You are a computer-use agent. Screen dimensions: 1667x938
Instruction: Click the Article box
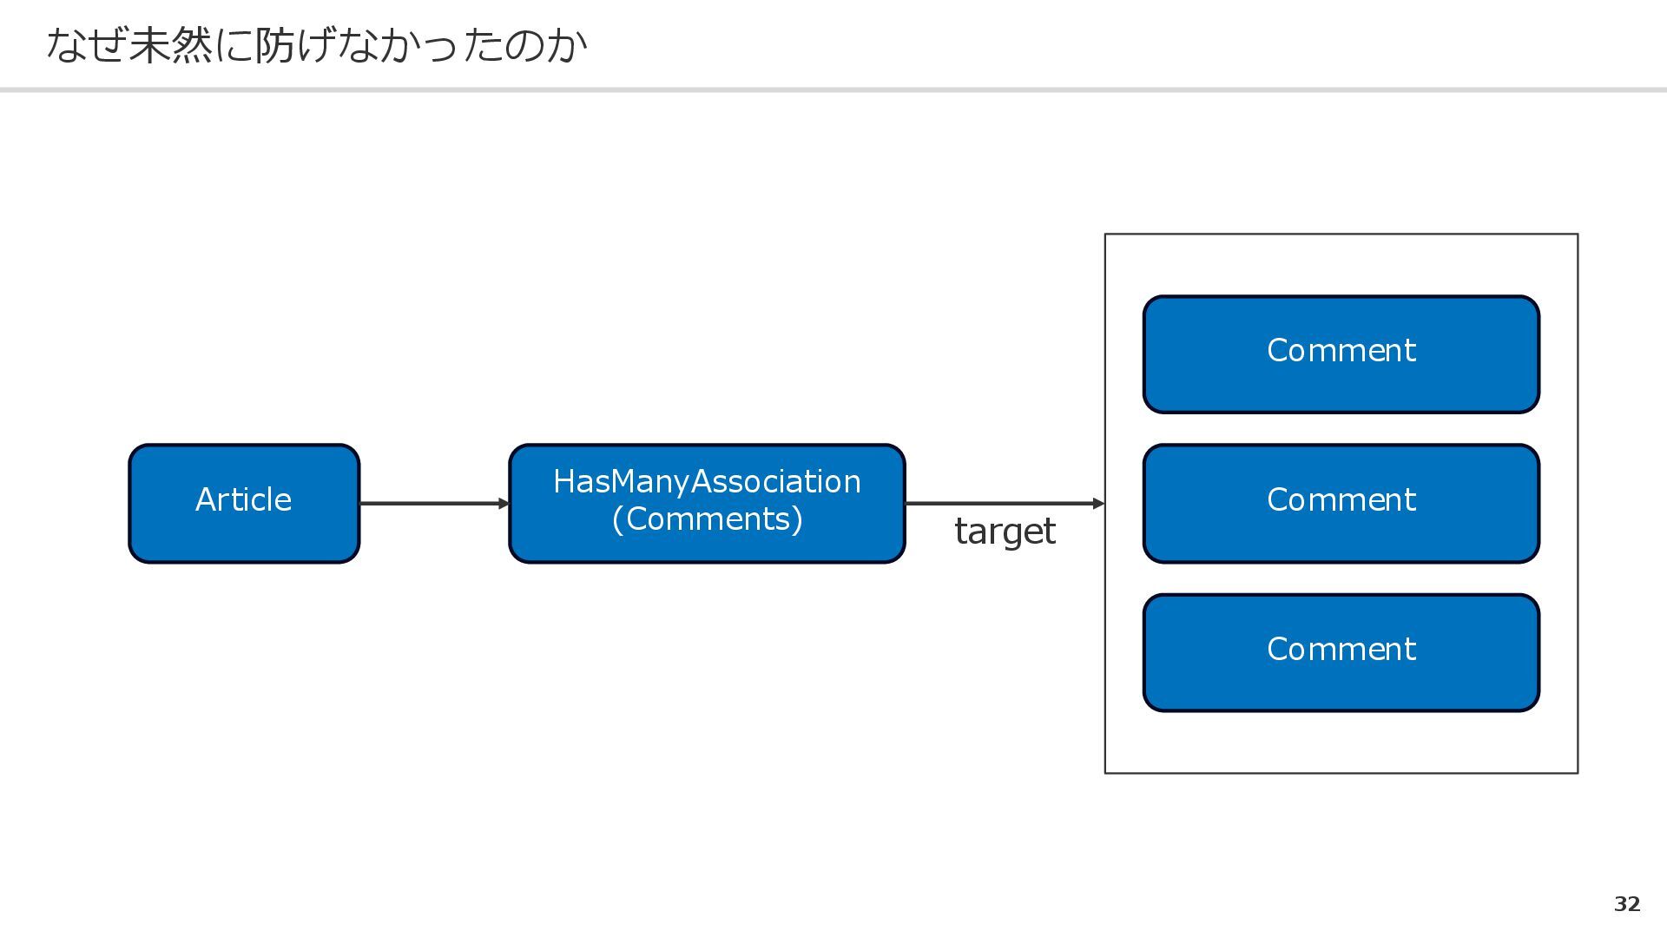pyautogui.click(x=244, y=504)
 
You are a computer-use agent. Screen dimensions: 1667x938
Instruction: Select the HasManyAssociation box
pyautogui.click(x=707, y=504)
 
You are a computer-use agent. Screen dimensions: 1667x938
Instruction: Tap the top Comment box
pyautogui.click(x=1341, y=354)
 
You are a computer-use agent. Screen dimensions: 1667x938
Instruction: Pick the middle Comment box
pyautogui.click(x=1341, y=504)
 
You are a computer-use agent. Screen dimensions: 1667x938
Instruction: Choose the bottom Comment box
pyautogui.click(x=1341, y=653)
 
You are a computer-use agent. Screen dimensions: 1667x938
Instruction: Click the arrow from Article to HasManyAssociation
pyautogui.click(x=434, y=504)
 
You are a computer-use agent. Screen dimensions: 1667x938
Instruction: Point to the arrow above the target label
pyautogui.click(x=1005, y=504)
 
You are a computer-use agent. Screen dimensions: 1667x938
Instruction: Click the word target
pyautogui.click(x=1005, y=531)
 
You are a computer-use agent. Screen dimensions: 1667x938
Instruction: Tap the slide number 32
pyautogui.click(x=1627, y=904)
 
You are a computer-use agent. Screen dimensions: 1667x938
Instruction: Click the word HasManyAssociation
pyautogui.click(x=707, y=481)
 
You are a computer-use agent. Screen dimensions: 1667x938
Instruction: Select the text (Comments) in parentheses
pyautogui.click(x=707, y=519)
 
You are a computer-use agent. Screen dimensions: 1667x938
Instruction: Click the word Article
pyautogui.click(x=243, y=499)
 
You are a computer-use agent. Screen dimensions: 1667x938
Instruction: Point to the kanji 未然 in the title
pyautogui.click(x=170, y=45)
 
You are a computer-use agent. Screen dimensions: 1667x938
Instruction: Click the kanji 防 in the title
pyautogui.click(x=275, y=45)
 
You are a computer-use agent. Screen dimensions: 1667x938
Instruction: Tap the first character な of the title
pyautogui.click(x=66, y=45)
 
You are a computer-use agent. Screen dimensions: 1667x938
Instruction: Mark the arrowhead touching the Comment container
pyautogui.click(x=1099, y=504)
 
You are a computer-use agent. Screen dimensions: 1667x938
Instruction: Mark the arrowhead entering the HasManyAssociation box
pyautogui.click(x=504, y=504)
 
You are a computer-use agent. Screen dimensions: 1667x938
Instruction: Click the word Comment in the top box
pyautogui.click(x=1341, y=350)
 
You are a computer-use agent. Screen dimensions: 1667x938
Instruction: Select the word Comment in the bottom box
pyautogui.click(x=1341, y=649)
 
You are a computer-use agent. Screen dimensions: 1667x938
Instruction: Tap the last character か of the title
pyautogui.click(x=566, y=45)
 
